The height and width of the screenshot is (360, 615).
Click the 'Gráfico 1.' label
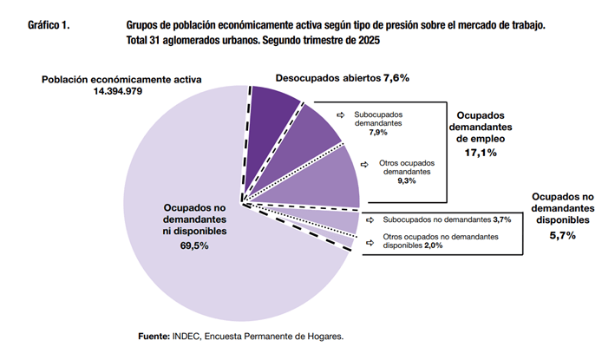click(x=49, y=27)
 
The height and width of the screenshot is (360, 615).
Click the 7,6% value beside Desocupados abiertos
click(x=396, y=78)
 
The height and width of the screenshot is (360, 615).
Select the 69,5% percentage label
click(x=194, y=246)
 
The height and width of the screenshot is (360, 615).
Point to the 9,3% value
click(x=404, y=180)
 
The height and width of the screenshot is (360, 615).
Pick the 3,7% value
click(x=500, y=220)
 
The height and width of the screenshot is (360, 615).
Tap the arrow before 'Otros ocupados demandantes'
click(x=368, y=162)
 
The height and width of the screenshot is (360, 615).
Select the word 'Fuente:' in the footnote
click(x=154, y=336)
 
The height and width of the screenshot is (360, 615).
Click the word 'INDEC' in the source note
click(x=186, y=336)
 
